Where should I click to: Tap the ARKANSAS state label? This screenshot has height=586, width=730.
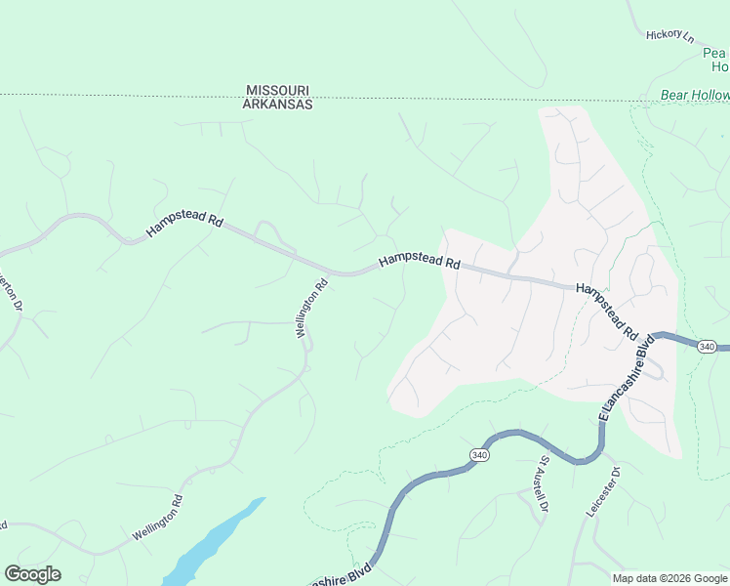tap(278, 104)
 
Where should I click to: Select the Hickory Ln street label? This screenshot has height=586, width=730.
tap(669, 36)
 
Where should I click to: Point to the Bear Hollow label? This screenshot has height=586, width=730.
tap(695, 95)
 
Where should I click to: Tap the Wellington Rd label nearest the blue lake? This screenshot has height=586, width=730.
tap(157, 519)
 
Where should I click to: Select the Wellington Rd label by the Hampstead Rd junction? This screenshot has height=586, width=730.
tap(311, 310)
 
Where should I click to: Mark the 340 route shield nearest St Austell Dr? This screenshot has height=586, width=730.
tap(479, 455)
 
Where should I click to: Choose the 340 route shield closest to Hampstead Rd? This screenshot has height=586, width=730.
tap(708, 347)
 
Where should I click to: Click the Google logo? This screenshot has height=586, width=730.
tap(32, 574)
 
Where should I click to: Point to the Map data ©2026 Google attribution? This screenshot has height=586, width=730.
tap(669, 578)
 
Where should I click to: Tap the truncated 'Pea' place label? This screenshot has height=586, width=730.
tap(715, 53)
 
